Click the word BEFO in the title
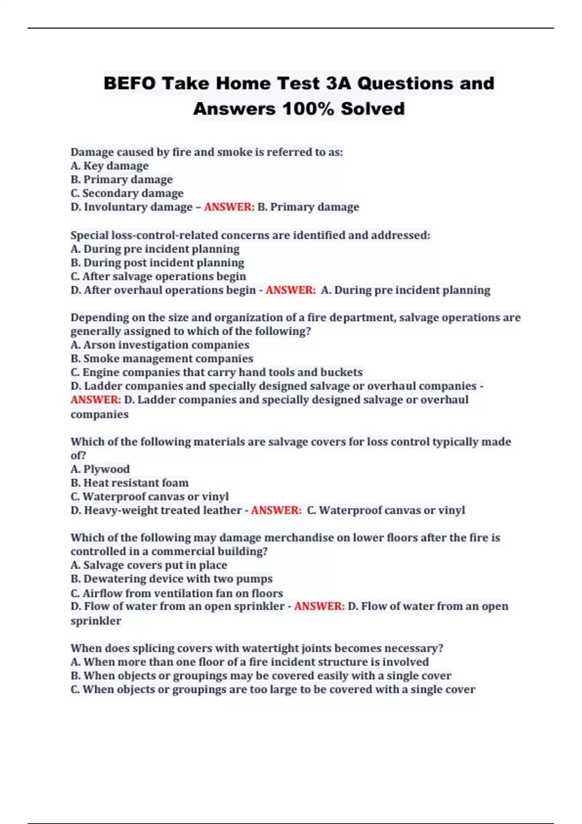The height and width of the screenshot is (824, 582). (129, 83)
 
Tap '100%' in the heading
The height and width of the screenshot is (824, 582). (307, 109)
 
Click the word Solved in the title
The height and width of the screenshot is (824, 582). (372, 109)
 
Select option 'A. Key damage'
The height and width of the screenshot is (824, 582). (110, 166)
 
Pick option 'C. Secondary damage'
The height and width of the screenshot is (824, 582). (127, 193)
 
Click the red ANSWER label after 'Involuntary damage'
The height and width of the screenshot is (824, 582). (229, 207)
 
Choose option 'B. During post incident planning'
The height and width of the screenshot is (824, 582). (157, 263)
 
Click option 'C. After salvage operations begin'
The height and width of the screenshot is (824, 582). (158, 276)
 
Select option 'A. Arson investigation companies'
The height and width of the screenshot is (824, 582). (160, 345)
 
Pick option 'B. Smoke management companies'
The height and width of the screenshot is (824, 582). (162, 359)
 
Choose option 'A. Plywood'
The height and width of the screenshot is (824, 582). (100, 469)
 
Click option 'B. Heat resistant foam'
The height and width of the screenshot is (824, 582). (129, 483)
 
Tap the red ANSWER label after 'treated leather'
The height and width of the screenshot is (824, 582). (276, 510)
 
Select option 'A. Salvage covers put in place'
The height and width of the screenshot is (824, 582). (149, 565)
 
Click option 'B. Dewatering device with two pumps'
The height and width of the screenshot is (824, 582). (172, 579)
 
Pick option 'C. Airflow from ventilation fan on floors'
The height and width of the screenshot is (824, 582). (177, 593)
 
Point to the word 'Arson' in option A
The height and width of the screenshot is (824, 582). (99, 345)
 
